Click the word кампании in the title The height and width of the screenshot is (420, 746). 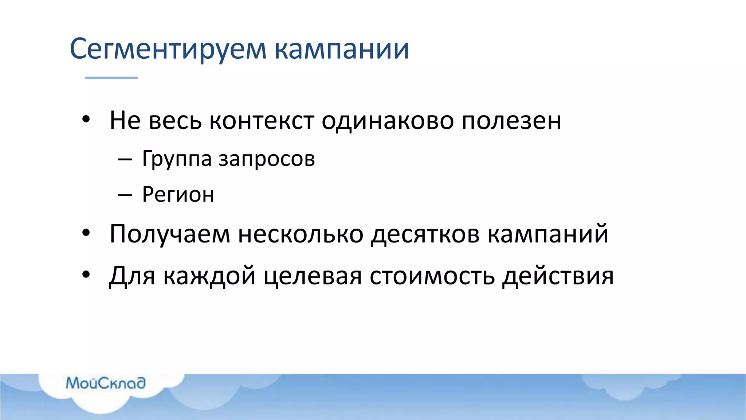pyautogui.click(x=342, y=49)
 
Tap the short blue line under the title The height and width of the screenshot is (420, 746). pyautogui.click(x=111, y=78)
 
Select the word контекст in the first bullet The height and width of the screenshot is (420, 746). pyautogui.click(x=262, y=121)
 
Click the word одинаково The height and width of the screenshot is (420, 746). pyautogui.click(x=388, y=121)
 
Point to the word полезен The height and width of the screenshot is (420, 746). pyautogui.click(x=511, y=121)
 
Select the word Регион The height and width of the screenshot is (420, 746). pyautogui.click(x=178, y=195)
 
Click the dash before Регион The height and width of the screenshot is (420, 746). pyautogui.click(x=125, y=195)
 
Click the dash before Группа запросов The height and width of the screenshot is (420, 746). pyautogui.click(x=125, y=160)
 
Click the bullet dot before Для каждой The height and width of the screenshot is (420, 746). pyautogui.click(x=86, y=275)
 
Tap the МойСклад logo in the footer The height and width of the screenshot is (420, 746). pyautogui.click(x=106, y=383)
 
